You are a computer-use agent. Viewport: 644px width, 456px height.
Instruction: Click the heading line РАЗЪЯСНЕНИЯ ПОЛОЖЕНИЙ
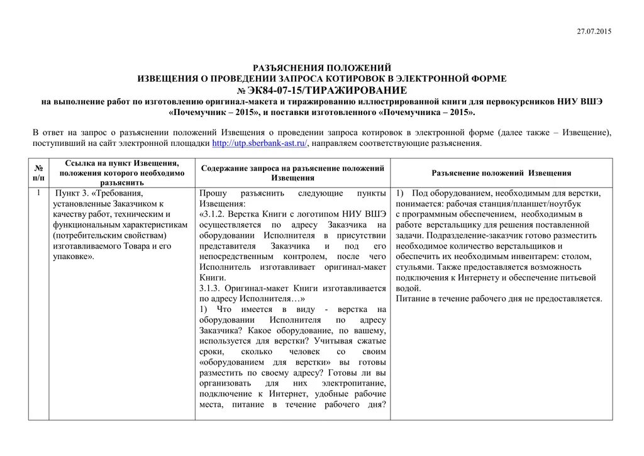(x=321, y=67)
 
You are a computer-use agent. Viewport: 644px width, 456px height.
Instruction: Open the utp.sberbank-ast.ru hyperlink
(x=260, y=143)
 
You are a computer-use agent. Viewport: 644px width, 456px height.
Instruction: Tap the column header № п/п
(x=38, y=172)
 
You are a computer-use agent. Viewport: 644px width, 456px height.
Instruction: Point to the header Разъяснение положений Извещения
(x=501, y=172)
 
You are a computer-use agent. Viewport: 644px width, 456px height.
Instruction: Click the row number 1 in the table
(x=38, y=192)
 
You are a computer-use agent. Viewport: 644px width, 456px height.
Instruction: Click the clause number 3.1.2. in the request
(x=217, y=214)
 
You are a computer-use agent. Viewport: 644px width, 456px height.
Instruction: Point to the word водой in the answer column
(x=407, y=288)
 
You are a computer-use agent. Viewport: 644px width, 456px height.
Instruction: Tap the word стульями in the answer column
(x=413, y=267)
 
